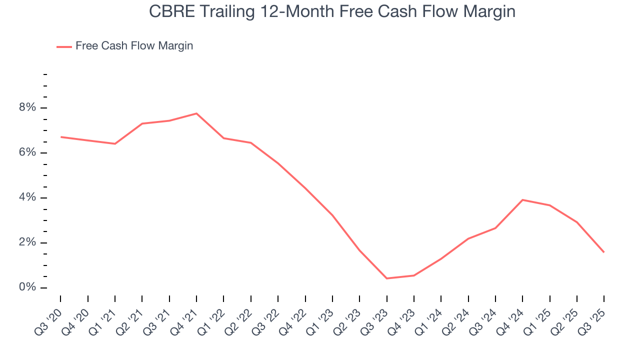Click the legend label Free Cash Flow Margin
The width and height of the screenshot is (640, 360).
[134, 46]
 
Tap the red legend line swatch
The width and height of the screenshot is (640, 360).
[64, 46]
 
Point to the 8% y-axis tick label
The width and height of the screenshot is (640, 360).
[28, 108]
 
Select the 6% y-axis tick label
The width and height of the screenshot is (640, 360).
[28, 152]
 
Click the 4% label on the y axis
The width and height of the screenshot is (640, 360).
[28, 197]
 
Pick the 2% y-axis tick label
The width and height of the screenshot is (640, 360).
[28, 242]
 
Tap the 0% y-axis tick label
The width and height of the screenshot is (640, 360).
[28, 287]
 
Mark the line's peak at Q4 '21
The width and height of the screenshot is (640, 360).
[196, 113]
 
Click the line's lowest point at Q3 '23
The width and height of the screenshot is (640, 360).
[387, 278]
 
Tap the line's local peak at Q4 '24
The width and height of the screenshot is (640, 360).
[522, 200]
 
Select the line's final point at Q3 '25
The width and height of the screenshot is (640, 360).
[604, 252]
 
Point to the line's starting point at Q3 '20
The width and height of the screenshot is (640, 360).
[60, 137]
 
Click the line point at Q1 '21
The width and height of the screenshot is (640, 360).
[115, 144]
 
